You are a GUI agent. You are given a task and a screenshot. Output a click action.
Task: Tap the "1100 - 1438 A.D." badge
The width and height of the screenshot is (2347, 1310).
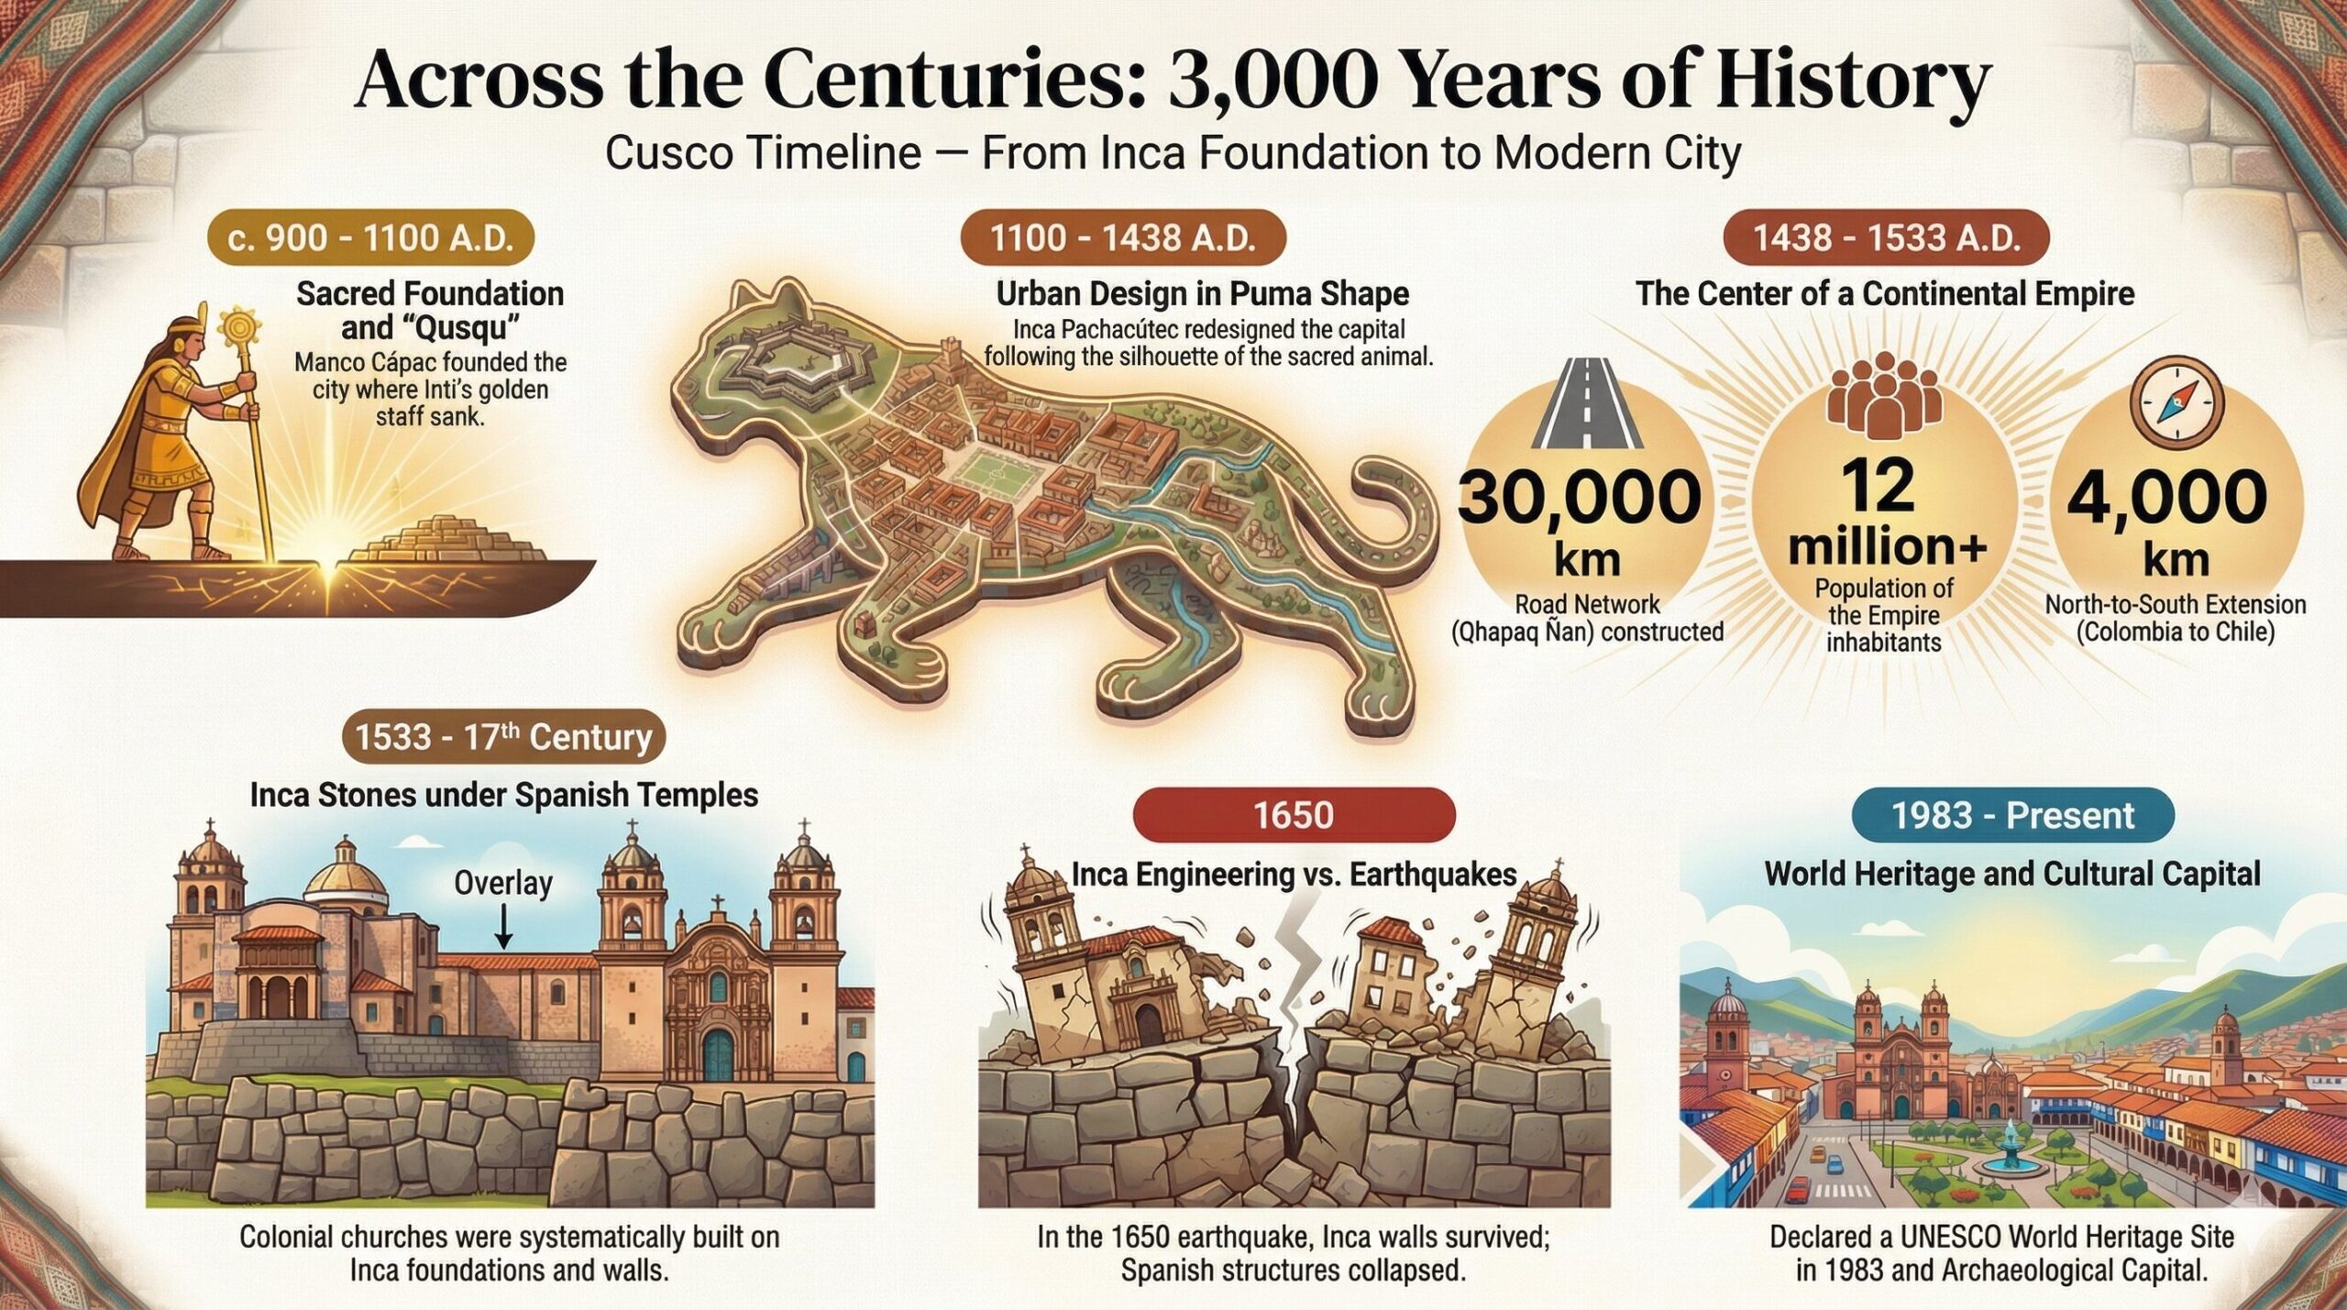(x=1122, y=239)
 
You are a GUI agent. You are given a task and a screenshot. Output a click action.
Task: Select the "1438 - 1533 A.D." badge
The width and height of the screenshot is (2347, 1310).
(x=1887, y=239)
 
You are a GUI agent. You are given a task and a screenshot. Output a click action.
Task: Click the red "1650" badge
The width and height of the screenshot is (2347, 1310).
(x=1294, y=815)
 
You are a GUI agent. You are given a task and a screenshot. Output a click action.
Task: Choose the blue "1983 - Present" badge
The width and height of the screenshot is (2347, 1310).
(x=2012, y=815)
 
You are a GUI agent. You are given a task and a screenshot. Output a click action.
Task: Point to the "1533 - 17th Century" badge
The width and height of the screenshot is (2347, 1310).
(x=503, y=737)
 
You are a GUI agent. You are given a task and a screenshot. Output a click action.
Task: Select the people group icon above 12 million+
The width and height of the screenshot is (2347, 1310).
(x=1884, y=401)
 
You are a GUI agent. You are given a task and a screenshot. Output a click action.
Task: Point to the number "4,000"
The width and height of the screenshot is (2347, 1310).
(x=2167, y=497)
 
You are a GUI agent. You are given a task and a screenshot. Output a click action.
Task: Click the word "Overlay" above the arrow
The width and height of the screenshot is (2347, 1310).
(x=503, y=883)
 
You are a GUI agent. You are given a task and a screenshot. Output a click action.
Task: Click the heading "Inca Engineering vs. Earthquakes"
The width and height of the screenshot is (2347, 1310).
(x=1293, y=875)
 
